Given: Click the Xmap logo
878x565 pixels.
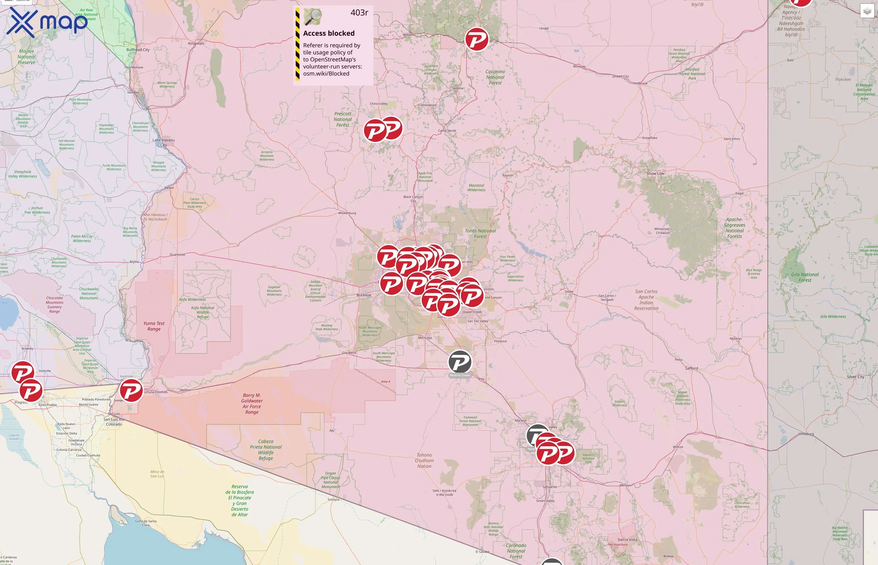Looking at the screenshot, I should coord(47,22).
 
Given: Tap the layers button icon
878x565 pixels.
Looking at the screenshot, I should coord(867,11).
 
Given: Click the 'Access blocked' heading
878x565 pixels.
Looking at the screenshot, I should coord(329,33).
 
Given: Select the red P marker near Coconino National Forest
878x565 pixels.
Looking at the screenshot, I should coord(476,39).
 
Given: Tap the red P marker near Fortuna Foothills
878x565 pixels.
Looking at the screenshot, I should coord(131,391).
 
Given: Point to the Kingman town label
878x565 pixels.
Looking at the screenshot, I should coord(196,43).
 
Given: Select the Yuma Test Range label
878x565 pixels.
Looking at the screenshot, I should coord(154,326).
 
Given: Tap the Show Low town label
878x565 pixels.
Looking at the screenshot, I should coord(655,174).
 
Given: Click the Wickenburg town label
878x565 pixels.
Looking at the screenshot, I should coord(347,213).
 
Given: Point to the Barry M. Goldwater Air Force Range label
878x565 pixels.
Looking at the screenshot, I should coord(252,404).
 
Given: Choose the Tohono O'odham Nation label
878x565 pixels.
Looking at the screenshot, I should coord(424,460).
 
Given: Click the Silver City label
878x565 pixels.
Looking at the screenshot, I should coord(855,377).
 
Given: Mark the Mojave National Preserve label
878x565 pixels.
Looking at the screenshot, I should coord(27,57).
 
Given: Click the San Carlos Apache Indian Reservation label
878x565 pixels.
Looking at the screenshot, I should coord(646,300).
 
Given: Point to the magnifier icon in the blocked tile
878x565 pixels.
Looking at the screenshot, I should coord(313,17).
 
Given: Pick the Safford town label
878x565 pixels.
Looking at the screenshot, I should coord(691,369).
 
